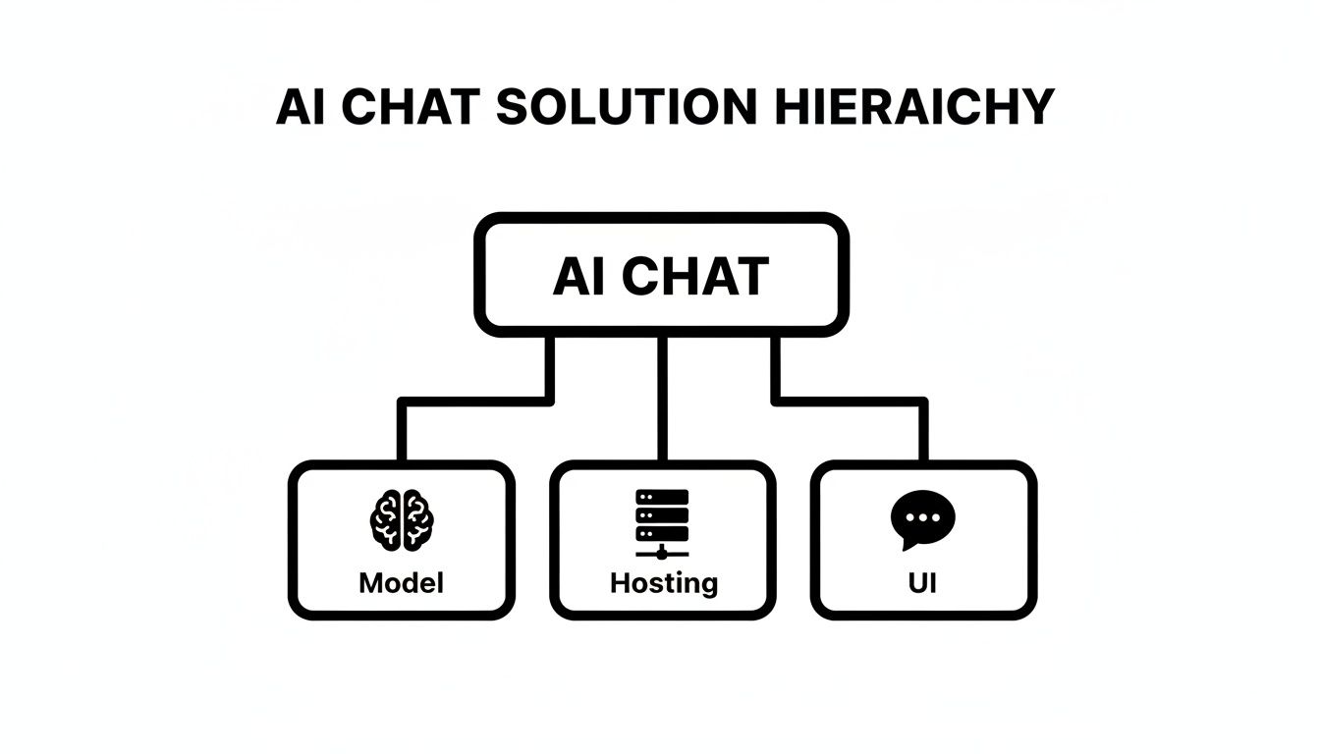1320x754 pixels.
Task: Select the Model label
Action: point(401,583)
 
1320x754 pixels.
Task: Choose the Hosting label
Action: point(663,584)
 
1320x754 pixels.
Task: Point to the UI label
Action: point(922,583)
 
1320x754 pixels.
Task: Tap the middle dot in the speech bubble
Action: point(922,516)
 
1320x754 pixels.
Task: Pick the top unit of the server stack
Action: point(663,497)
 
